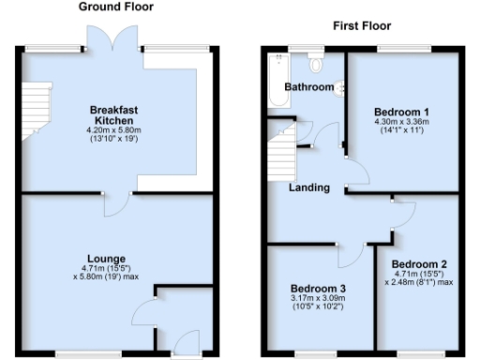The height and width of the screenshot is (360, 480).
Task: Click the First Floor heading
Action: (362, 26)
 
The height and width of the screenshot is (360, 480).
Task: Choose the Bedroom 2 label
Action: (419, 264)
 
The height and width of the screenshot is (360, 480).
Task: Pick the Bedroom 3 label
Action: (318, 287)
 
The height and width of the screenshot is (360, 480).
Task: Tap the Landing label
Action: (308, 187)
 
